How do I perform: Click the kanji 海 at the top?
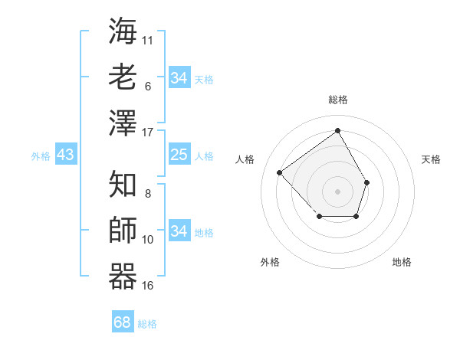coord(123,31)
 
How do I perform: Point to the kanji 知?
coord(123,184)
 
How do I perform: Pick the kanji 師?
coord(123,231)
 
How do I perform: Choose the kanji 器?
coord(123,276)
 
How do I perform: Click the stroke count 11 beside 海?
coord(148,39)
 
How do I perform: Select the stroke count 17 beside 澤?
coord(148,133)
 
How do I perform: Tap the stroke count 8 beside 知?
coord(148,193)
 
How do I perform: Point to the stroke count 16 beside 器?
coord(148,286)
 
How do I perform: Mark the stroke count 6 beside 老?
coord(148,86)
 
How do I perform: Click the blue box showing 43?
coord(65,155)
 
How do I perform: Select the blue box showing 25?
coord(179,155)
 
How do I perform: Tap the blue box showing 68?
coord(123,322)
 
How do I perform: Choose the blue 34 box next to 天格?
coord(179,78)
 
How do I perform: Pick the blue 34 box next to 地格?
coord(179,231)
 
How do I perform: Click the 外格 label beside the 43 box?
coord(41,156)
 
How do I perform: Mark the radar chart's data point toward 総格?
coord(337,131)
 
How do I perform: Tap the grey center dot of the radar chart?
coord(337,190)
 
